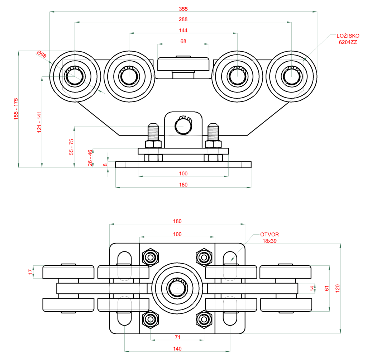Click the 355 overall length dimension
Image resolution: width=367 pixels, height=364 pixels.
tap(183, 8)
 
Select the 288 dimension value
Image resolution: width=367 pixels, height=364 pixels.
tap(183, 19)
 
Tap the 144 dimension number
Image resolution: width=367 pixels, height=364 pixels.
tap(183, 30)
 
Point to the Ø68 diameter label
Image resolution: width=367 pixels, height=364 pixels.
tap(42, 55)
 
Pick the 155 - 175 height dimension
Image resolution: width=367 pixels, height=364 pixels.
tap(16, 109)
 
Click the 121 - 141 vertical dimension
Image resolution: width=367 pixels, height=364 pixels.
tap(39, 122)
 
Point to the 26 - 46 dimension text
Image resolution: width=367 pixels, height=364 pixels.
tap(90, 157)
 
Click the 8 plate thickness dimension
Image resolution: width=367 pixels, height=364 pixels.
tap(105, 165)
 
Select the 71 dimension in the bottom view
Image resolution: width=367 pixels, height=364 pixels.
tap(177, 337)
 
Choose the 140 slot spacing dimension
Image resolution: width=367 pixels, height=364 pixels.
tap(177, 348)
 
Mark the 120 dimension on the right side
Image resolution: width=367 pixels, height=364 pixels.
tap(337, 288)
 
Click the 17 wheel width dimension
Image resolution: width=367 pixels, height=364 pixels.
tap(30, 272)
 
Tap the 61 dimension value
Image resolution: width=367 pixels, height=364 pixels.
tap(327, 288)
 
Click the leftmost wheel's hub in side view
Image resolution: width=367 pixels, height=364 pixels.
tap(75, 76)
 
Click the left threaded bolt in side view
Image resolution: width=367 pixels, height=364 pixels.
tap(153, 133)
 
